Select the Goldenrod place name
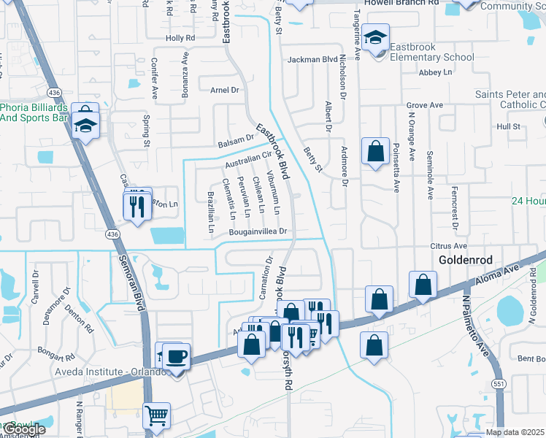tap(467, 260)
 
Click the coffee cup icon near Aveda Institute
tap(177, 357)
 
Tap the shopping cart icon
tap(156, 416)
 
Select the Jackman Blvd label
tap(312, 59)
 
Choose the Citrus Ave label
tap(448, 247)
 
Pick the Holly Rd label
tap(181, 37)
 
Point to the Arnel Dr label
tap(225, 91)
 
